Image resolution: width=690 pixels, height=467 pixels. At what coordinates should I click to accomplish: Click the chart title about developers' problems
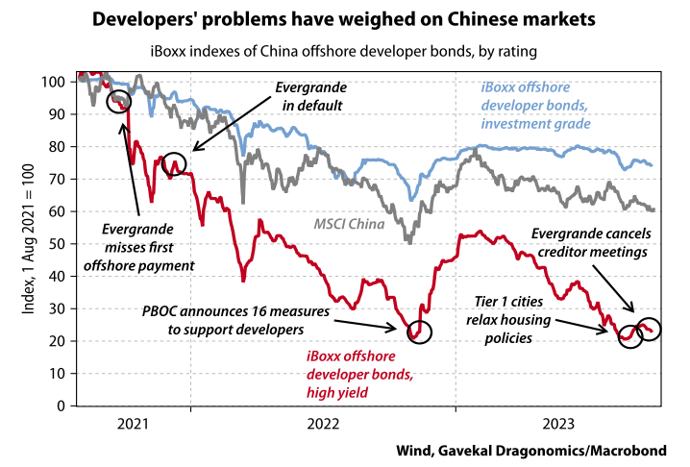point(344,20)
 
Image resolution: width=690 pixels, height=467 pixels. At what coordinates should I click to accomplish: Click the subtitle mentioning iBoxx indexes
point(344,50)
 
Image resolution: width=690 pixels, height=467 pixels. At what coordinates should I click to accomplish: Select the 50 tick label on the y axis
point(60,244)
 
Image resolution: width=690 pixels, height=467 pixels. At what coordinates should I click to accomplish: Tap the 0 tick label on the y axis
point(63,406)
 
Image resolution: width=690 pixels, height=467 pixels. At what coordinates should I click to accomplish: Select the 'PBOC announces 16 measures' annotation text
point(237,321)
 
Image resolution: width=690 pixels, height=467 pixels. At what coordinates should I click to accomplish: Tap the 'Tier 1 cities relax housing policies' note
point(523,319)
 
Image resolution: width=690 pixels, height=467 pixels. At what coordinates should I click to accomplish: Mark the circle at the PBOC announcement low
point(420,331)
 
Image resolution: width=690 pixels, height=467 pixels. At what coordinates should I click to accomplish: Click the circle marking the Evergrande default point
point(174,164)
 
